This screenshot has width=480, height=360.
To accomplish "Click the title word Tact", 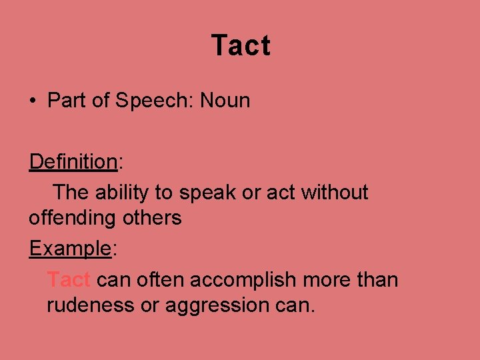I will click(x=241, y=46).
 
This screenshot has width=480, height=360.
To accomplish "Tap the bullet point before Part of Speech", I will click(x=32, y=102).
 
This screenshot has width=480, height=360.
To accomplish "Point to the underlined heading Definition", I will click(x=73, y=161).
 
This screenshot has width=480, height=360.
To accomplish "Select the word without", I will click(x=335, y=193).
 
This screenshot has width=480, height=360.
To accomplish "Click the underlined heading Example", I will click(x=70, y=249).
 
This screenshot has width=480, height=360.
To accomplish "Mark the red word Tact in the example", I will click(x=69, y=280).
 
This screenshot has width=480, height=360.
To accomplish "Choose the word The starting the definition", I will click(x=71, y=193).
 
